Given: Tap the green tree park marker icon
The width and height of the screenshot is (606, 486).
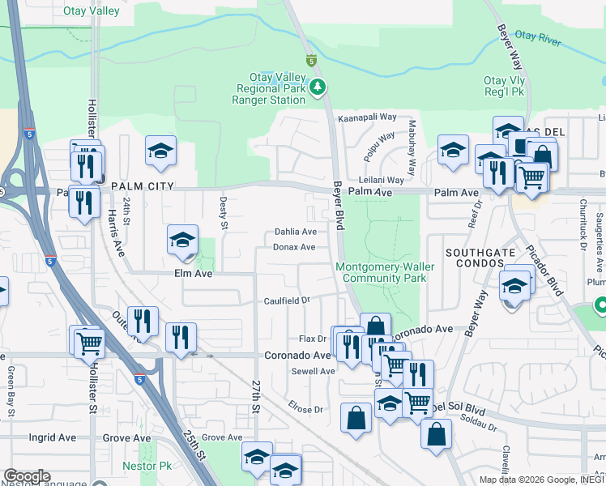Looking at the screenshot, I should point(320,87).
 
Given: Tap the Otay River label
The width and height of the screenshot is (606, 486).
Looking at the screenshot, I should point(539,36).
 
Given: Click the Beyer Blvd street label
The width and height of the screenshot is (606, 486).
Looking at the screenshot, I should point(339,210).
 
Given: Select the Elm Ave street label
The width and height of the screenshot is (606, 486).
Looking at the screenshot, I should point(193,274).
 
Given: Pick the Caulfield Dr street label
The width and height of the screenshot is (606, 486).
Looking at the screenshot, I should point(287,301).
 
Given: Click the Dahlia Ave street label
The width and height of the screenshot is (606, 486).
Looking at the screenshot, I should point(295,232).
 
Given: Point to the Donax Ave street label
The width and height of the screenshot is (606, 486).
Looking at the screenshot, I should point(294,247).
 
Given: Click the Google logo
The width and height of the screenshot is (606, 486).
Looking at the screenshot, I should point(27,476).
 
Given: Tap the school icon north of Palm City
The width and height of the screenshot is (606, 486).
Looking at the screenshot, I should point(160,151).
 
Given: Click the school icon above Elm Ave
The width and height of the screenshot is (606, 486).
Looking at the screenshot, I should point(183,240).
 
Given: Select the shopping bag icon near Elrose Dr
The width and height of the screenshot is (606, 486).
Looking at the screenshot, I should point(356,418).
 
